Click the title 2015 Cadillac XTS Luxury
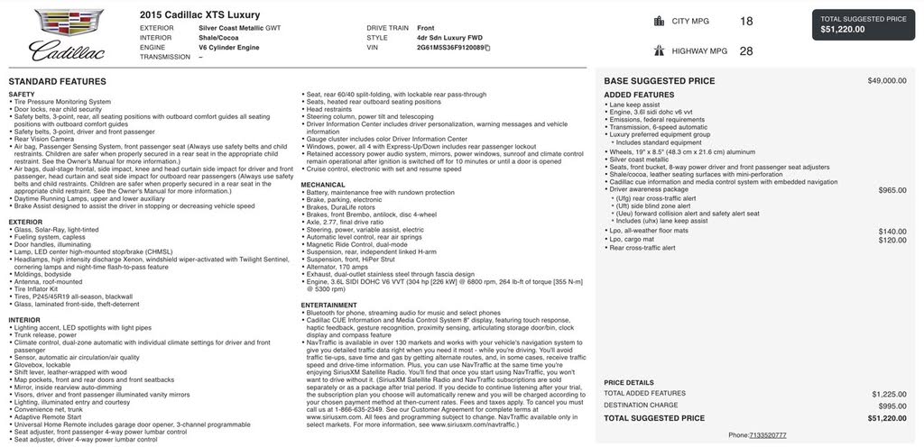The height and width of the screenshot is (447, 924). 199,14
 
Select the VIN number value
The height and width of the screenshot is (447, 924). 450,48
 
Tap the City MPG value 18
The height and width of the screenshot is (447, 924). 745,21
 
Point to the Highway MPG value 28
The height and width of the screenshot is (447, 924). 745,51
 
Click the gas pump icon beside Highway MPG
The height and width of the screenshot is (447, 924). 659,51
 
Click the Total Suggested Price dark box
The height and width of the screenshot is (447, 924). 864,24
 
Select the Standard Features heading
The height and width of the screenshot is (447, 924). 58,81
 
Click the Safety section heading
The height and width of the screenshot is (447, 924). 22,94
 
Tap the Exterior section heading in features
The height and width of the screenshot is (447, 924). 25,222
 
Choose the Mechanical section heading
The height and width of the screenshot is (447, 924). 323,185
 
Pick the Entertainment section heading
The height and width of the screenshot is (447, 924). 328,305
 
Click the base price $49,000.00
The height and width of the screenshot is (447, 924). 887,81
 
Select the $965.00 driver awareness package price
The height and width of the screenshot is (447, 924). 892,190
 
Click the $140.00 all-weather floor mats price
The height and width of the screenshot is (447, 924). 892,232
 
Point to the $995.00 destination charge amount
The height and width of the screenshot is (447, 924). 892,406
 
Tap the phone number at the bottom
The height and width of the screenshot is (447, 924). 767,435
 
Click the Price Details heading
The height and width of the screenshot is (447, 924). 629,382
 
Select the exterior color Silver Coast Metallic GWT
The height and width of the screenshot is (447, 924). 239,28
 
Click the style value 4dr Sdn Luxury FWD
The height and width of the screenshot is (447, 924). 449,38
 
